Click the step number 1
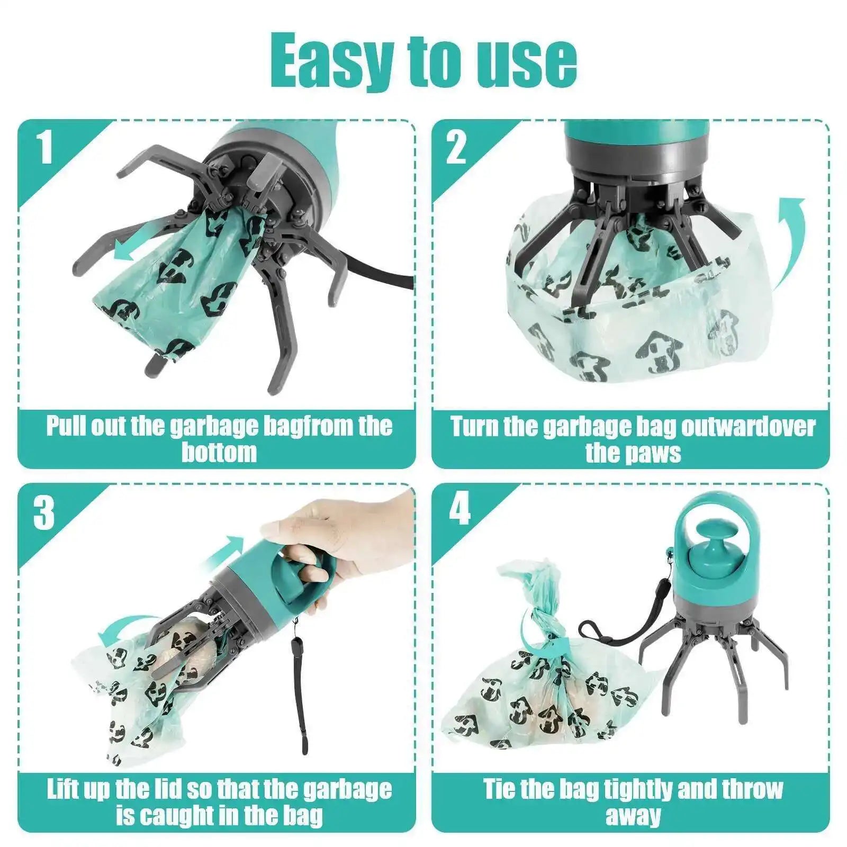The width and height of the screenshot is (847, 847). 44,148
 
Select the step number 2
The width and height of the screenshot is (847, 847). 456,148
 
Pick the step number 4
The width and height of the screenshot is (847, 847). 458,511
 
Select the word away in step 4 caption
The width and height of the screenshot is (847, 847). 633,816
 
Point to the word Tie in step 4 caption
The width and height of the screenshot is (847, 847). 501,789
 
